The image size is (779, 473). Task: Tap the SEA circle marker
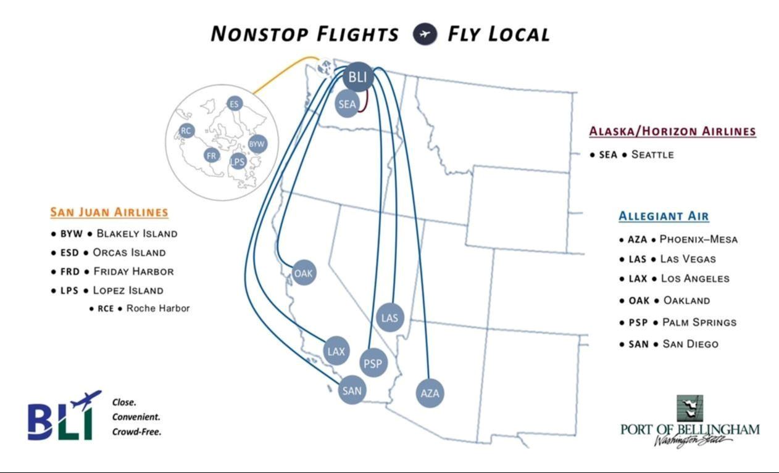[x=348, y=104]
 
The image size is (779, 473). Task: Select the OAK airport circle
[x=303, y=273]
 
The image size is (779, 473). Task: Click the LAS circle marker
[x=389, y=318]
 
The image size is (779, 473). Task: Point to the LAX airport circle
[x=336, y=352]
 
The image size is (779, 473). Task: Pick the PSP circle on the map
[x=373, y=363]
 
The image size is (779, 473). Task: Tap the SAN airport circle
[x=352, y=390]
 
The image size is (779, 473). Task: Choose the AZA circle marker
[x=430, y=393]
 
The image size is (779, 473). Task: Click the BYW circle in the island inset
[x=257, y=144]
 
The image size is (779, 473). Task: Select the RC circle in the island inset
[x=186, y=130]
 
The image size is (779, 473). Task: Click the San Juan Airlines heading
[x=109, y=212]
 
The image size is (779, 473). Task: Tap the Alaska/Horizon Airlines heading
[x=672, y=131]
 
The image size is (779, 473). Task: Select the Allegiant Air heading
[x=664, y=216]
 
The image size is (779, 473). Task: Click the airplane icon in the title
[x=424, y=34]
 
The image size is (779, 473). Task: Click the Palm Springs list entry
[x=699, y=323]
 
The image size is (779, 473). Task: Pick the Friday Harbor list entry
[x=133, y=271]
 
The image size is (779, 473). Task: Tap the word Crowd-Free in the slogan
[x=136, y=432]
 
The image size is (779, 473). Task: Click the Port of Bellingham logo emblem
[x=691, y=408]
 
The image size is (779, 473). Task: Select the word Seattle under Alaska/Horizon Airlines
[x=652, y=155]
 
